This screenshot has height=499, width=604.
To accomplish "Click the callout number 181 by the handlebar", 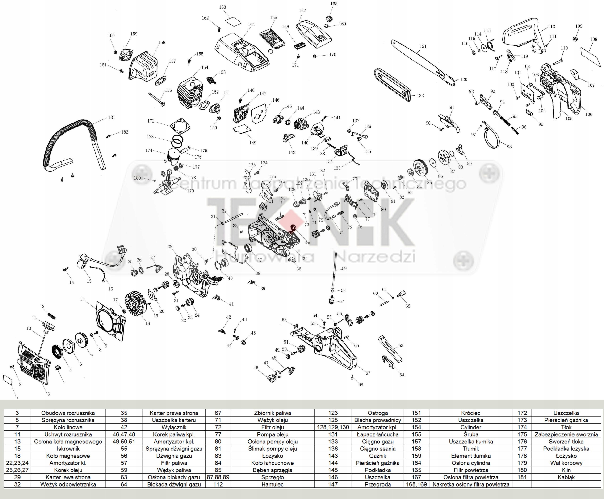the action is click(x=112, y=117).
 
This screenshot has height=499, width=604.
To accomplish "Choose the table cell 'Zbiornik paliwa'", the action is click(x=272, y=413).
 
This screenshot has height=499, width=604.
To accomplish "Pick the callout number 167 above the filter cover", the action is click(x=302, y=11).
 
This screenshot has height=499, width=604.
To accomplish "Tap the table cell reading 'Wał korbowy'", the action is click(x=566, y=463).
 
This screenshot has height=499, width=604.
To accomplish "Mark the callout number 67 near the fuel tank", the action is click(x=368, y=373).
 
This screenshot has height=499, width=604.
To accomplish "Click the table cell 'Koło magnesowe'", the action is click(x=68, y=456).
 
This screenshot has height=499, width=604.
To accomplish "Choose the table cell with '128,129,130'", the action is click(x=333, y=427).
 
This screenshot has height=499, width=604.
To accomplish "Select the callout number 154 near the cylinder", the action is click(x=205, y=68).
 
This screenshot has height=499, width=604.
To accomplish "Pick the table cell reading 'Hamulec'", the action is click(x=272, y=484).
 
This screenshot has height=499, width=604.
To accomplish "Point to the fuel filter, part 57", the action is click(x=332, y=300).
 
